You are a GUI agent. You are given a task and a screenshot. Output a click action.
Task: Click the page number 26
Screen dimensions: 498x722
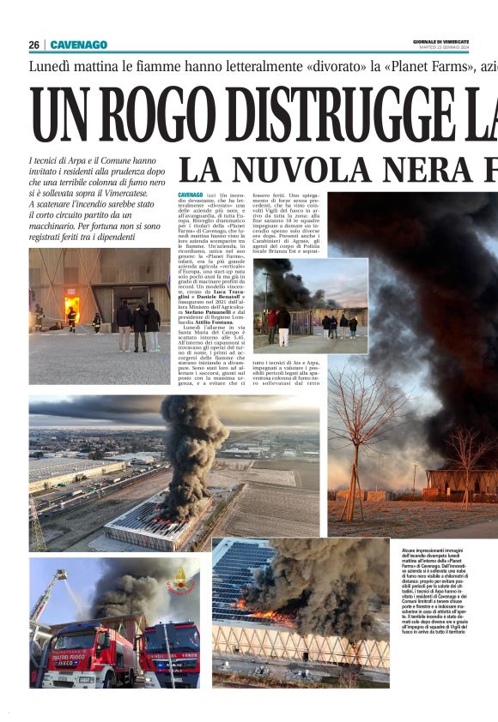tap(33, 45)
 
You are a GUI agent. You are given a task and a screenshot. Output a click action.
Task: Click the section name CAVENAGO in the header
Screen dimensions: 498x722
tap(79, 45)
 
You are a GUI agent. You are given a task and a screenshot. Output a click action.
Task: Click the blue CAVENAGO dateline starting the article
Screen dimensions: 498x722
tap(191, 196)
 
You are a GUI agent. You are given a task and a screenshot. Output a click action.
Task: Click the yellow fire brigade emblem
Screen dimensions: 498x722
tap(179, 575)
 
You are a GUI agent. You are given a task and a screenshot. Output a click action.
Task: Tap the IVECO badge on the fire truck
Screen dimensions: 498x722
tap(65, 638)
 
